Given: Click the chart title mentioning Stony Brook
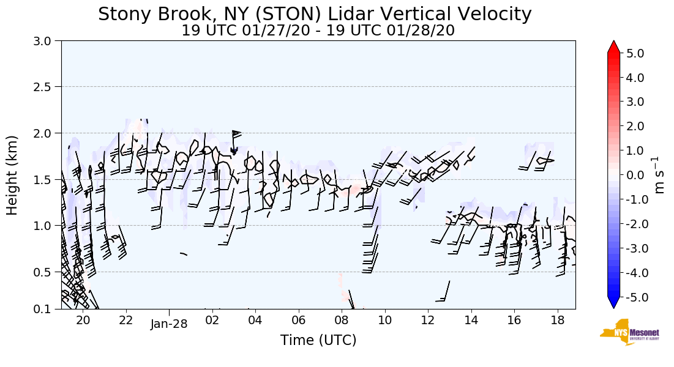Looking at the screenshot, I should tap(315, 14).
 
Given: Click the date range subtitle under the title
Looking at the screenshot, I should tap(318, 31).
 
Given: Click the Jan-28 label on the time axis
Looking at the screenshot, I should tap(168, 325).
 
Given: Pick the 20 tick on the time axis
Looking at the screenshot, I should tap(83, 320).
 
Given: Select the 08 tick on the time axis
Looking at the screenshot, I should tap(342, 320).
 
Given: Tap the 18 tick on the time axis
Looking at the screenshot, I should tap(557, 320).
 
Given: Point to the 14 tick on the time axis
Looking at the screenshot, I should tap(471, 320).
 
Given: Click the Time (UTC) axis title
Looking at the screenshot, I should tap(318, 340).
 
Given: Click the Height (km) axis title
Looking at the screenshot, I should tap(13, 175).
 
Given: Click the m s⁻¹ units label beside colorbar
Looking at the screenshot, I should tap(660, 175).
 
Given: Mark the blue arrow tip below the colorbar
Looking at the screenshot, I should tap(614, 304).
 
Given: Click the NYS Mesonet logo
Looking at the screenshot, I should tap(624, 333).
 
